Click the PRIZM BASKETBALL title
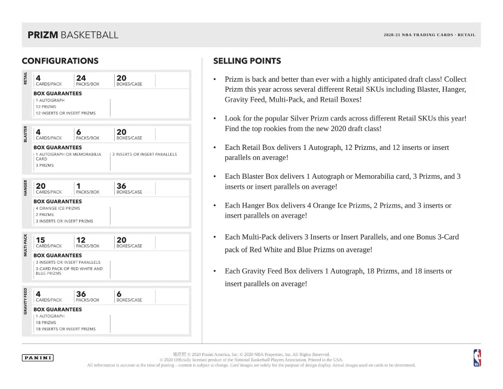73,35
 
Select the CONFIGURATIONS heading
60,61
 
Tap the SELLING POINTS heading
247,61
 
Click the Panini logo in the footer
38,358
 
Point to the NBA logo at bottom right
477,358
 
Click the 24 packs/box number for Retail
81,78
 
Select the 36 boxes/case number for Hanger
121,186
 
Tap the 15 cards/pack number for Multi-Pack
40,240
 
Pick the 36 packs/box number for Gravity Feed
81,294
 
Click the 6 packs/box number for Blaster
79,132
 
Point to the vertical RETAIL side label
25,78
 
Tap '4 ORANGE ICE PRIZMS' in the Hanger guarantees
58,208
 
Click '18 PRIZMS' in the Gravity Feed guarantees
46,322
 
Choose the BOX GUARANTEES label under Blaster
57,148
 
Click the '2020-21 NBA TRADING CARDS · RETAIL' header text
429,35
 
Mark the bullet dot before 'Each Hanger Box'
215,206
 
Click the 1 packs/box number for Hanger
78,186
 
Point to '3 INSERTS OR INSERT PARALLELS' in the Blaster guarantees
145,154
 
